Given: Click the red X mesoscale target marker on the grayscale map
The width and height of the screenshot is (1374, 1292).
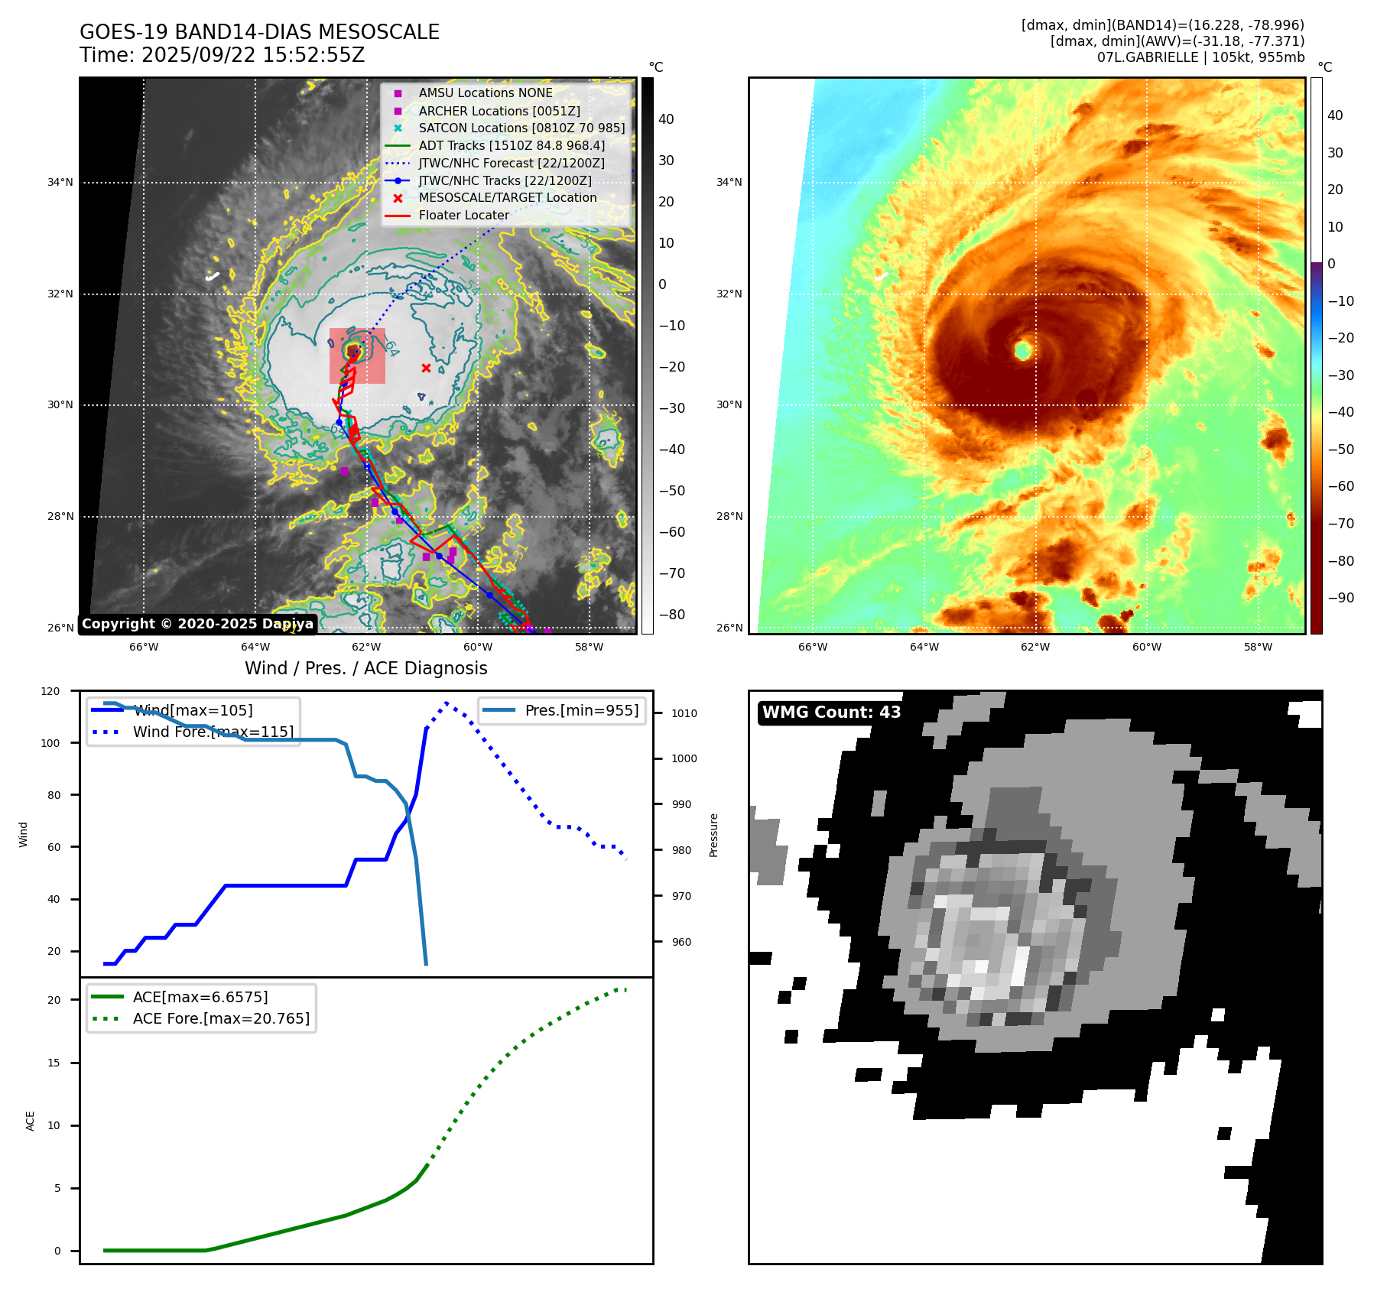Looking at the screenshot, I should click(x=426, y=368).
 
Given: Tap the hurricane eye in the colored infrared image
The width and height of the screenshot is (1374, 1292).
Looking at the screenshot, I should click(x=1023, y=351).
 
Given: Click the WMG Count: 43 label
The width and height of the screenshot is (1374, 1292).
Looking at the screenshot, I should click(x=831, y=713).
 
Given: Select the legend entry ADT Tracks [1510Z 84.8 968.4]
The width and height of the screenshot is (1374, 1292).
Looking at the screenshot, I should click(x=511, y=145).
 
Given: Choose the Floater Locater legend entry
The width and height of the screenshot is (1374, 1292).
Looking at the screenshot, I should click(x=463, y=216).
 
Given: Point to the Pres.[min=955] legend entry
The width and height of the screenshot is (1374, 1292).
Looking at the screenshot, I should click(x=581, y=710).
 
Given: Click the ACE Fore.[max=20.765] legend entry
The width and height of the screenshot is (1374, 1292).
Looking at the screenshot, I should click(x=221, y=1018).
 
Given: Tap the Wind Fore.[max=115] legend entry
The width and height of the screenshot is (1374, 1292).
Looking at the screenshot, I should click(x=213, y=732).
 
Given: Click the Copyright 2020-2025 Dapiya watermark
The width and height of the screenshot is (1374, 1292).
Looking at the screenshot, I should click(x=197, y=624).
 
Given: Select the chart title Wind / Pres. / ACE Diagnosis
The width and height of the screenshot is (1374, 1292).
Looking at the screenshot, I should click(x=365, y=668).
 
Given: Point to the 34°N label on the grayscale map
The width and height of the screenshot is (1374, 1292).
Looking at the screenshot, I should click(x=60, y=182).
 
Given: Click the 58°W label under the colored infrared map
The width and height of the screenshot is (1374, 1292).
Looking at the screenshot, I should click(x=1258, y=647).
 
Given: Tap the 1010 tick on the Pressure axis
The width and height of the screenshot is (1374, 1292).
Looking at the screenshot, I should click(x=684, y=713).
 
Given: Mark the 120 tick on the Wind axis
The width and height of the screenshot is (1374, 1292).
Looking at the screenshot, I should click(x=50, y=691).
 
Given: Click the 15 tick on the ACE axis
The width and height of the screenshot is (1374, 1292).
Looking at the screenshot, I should click(x=54, y=1063).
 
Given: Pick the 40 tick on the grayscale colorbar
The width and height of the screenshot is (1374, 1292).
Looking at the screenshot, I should click(x=666, y=119).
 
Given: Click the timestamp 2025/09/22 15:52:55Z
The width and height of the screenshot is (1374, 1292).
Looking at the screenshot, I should click(x=253, y=55).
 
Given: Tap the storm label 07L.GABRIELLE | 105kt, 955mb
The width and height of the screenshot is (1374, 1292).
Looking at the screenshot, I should click(x=1200, y=57).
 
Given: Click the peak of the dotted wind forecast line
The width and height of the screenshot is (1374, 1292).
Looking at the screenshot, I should click(x=446, y=703).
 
